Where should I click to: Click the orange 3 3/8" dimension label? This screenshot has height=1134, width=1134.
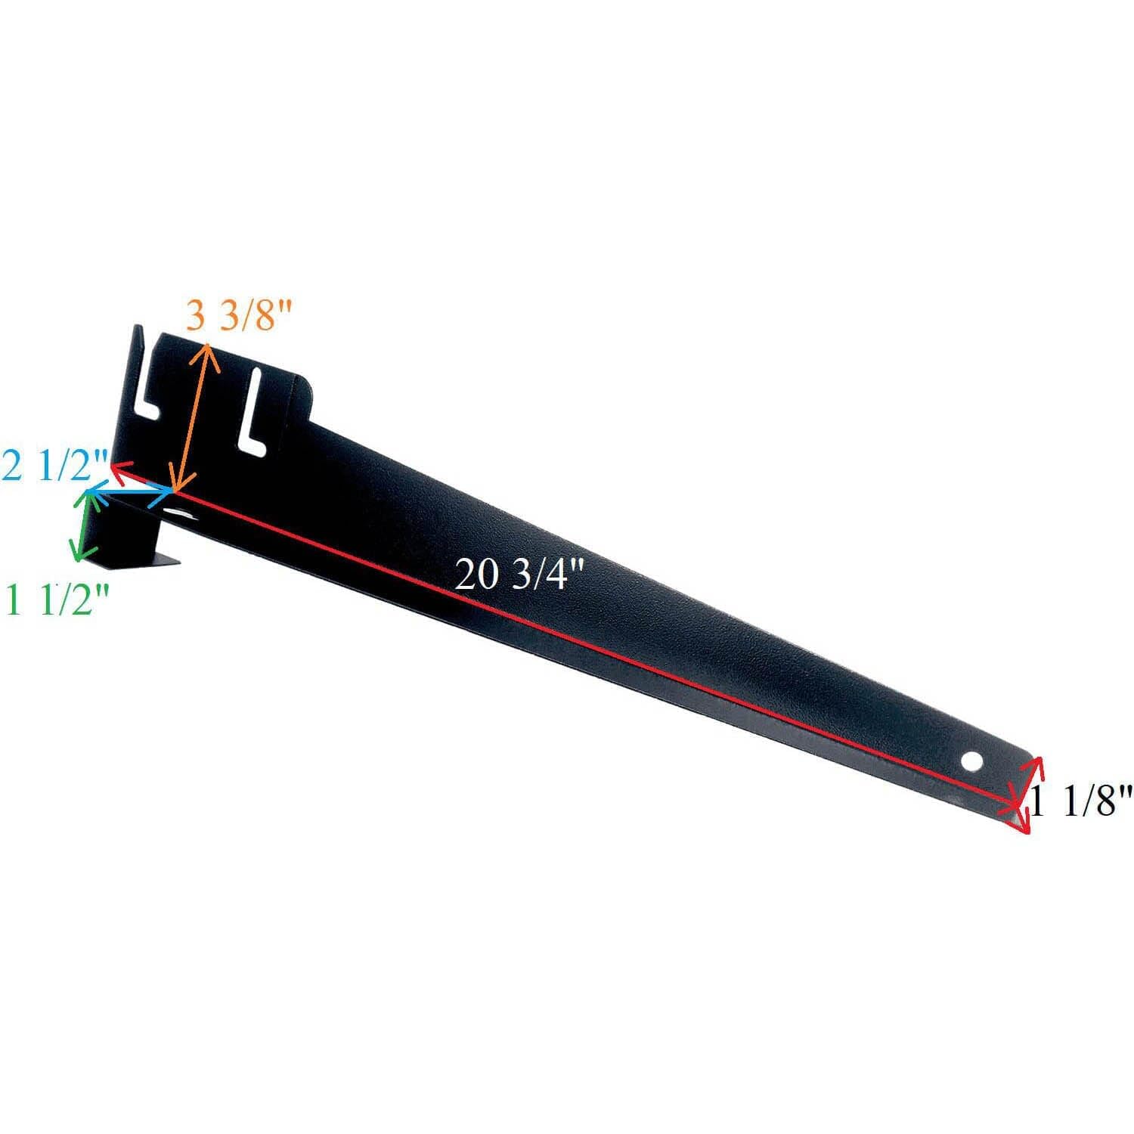coord(238,317)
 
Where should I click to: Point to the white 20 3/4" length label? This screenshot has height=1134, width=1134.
coord(520,577)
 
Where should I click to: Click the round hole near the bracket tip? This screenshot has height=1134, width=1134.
coord(973,761)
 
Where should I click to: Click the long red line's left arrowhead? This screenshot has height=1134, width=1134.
coord(119,469)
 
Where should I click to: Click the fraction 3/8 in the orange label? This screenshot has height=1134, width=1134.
coord(256,317)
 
